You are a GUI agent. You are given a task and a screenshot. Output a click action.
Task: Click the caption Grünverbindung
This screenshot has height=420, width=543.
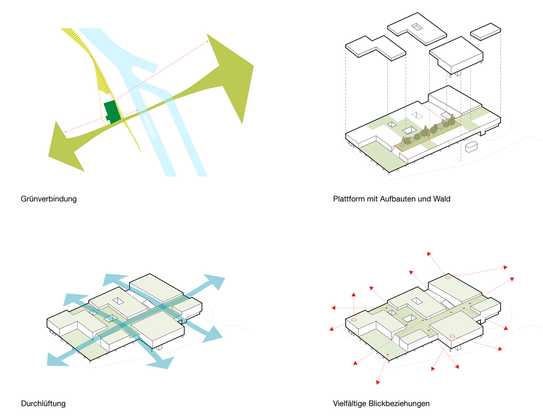[x=49, y=199]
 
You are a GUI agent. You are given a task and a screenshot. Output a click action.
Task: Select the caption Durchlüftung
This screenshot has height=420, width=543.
[x=43, y=403]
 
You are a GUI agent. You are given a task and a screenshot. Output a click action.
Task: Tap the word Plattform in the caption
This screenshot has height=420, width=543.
[x=349, y=199]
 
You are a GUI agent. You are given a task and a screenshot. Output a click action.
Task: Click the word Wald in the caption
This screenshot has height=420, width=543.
[x=442, y=199]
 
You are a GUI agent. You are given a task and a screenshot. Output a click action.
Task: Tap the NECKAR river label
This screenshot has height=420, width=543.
[x=149, y=127]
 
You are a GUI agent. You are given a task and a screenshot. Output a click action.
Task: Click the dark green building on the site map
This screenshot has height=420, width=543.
[x=112, y=112]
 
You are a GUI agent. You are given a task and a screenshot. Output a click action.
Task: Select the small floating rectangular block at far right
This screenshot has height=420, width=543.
[x=486, y=31]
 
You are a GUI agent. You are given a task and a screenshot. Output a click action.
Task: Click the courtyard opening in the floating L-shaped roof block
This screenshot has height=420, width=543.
[x=417, y=27]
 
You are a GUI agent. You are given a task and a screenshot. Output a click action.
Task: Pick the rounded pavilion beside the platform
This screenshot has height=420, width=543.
[x=471, y=147]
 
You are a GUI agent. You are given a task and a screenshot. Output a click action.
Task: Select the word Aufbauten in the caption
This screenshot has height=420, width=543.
[x=398, y=199]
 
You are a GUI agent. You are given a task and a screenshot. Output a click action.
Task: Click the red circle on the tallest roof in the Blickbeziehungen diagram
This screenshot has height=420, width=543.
[x=448, y=277]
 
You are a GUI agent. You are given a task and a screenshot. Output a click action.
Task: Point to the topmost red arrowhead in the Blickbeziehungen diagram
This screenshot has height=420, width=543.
[x=429, y=254]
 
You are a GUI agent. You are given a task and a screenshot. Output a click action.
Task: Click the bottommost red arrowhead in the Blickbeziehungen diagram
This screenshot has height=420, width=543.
[x=378, y=382]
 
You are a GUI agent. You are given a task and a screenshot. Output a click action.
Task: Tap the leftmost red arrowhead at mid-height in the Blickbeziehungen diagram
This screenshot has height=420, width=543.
[x=333, y=308]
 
